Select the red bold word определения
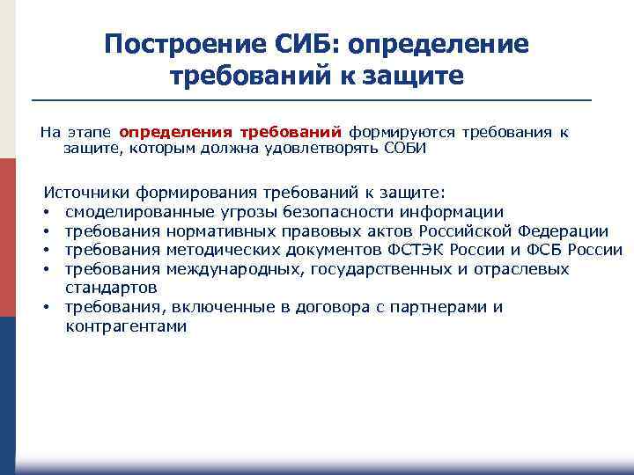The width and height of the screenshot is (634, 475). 175,132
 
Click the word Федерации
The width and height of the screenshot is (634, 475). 564,230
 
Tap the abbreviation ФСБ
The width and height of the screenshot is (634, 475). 542,250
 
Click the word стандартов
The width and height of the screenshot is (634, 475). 111,288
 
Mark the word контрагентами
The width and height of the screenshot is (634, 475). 126,326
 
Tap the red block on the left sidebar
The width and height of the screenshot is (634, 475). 8,237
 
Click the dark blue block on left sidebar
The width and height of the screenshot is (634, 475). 8,387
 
